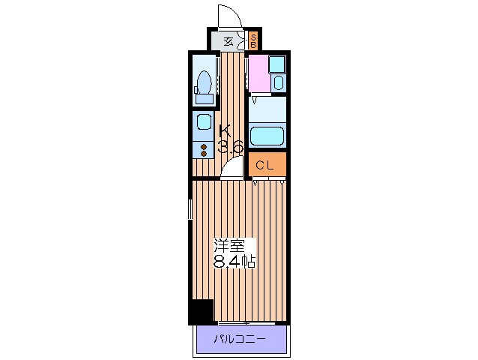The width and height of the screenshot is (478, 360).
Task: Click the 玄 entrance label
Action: click(228, 41)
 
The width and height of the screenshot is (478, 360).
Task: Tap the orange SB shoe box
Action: click(253, 40)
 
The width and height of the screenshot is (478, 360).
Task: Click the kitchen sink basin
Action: click(204, 121)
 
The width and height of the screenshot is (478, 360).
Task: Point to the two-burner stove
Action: click(204, 151)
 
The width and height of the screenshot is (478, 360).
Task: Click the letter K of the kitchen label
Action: click(226, 131)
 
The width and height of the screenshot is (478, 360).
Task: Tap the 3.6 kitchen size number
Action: click(231, 147)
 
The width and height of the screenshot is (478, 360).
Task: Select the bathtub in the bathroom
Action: click(267, 136)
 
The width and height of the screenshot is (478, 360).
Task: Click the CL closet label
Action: click(264, 165)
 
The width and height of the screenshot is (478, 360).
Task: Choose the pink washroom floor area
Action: click(259, 73)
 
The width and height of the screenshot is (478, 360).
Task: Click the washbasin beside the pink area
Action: click(278, 82)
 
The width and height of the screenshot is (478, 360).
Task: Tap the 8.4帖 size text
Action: click(234, 262)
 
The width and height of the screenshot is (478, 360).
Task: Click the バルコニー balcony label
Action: click(239, 339)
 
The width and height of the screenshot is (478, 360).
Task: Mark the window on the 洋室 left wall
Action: click(190, 209)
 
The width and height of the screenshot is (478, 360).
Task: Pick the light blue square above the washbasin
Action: click(277, 64)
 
